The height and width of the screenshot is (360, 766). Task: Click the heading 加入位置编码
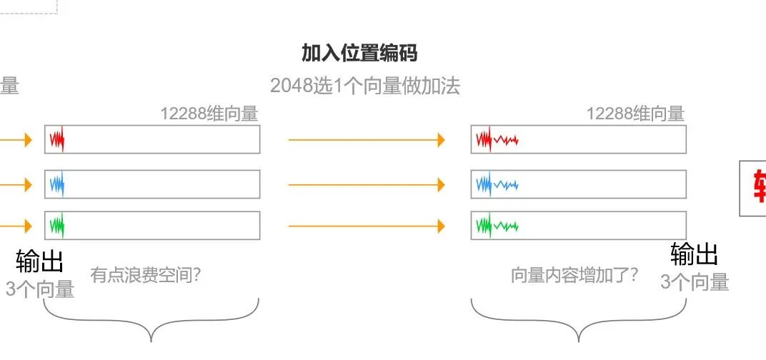(x=359, y=53)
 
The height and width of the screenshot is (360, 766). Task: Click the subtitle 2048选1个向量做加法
(x=365, y=86)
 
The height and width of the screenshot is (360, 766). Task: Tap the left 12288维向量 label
(x=209, y=114)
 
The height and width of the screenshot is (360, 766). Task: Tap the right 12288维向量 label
(x=635, y=114)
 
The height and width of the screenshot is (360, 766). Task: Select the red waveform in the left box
(x=57, y=139)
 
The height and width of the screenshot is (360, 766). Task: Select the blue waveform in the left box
(x=57, y=184)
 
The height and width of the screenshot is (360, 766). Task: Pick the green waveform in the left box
(x=57, y=226)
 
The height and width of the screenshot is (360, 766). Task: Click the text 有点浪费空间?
(x=146, y=274)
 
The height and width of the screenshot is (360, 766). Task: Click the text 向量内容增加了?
(x=574, y=275)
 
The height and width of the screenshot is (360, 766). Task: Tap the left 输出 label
(x=40, y=262)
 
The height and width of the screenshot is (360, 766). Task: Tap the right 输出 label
(x=694, y=254)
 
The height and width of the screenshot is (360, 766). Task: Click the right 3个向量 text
(x=694, y=282)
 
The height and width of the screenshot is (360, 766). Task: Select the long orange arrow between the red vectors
(x=367, y=140)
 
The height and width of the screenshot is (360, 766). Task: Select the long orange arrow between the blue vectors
(x=367, y=185)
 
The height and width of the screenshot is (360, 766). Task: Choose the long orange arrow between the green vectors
(x=367, y=226)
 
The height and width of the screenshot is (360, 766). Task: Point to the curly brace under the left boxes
(x=151, y=321)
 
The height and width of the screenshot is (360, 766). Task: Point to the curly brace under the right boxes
(x=578, y=321)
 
